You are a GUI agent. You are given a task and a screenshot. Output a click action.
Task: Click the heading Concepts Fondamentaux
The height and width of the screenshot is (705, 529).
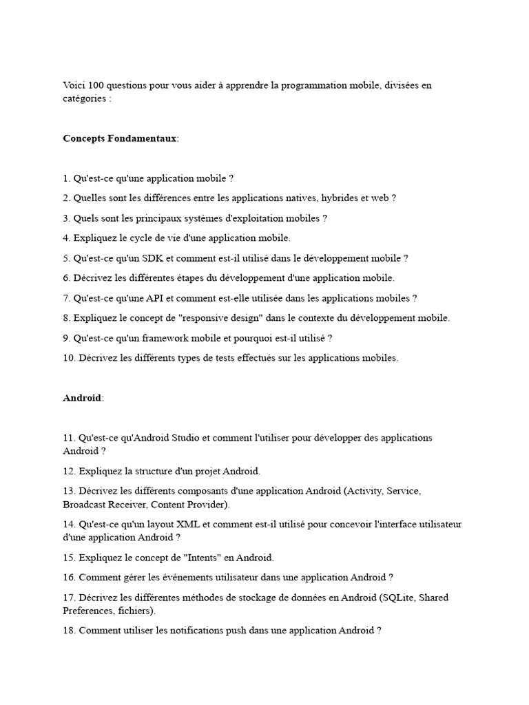pos(120,138)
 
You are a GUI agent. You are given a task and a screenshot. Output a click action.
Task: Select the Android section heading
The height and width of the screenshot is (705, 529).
pos(82,398)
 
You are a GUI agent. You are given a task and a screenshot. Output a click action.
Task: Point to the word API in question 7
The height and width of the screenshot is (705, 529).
pos(155,298)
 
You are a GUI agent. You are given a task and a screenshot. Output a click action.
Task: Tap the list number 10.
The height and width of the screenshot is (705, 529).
pos(69,358)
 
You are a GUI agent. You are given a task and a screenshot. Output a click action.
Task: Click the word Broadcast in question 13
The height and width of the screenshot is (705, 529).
pos(83,504)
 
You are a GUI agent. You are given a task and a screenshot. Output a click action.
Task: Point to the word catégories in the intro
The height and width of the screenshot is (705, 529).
pos(84,98)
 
